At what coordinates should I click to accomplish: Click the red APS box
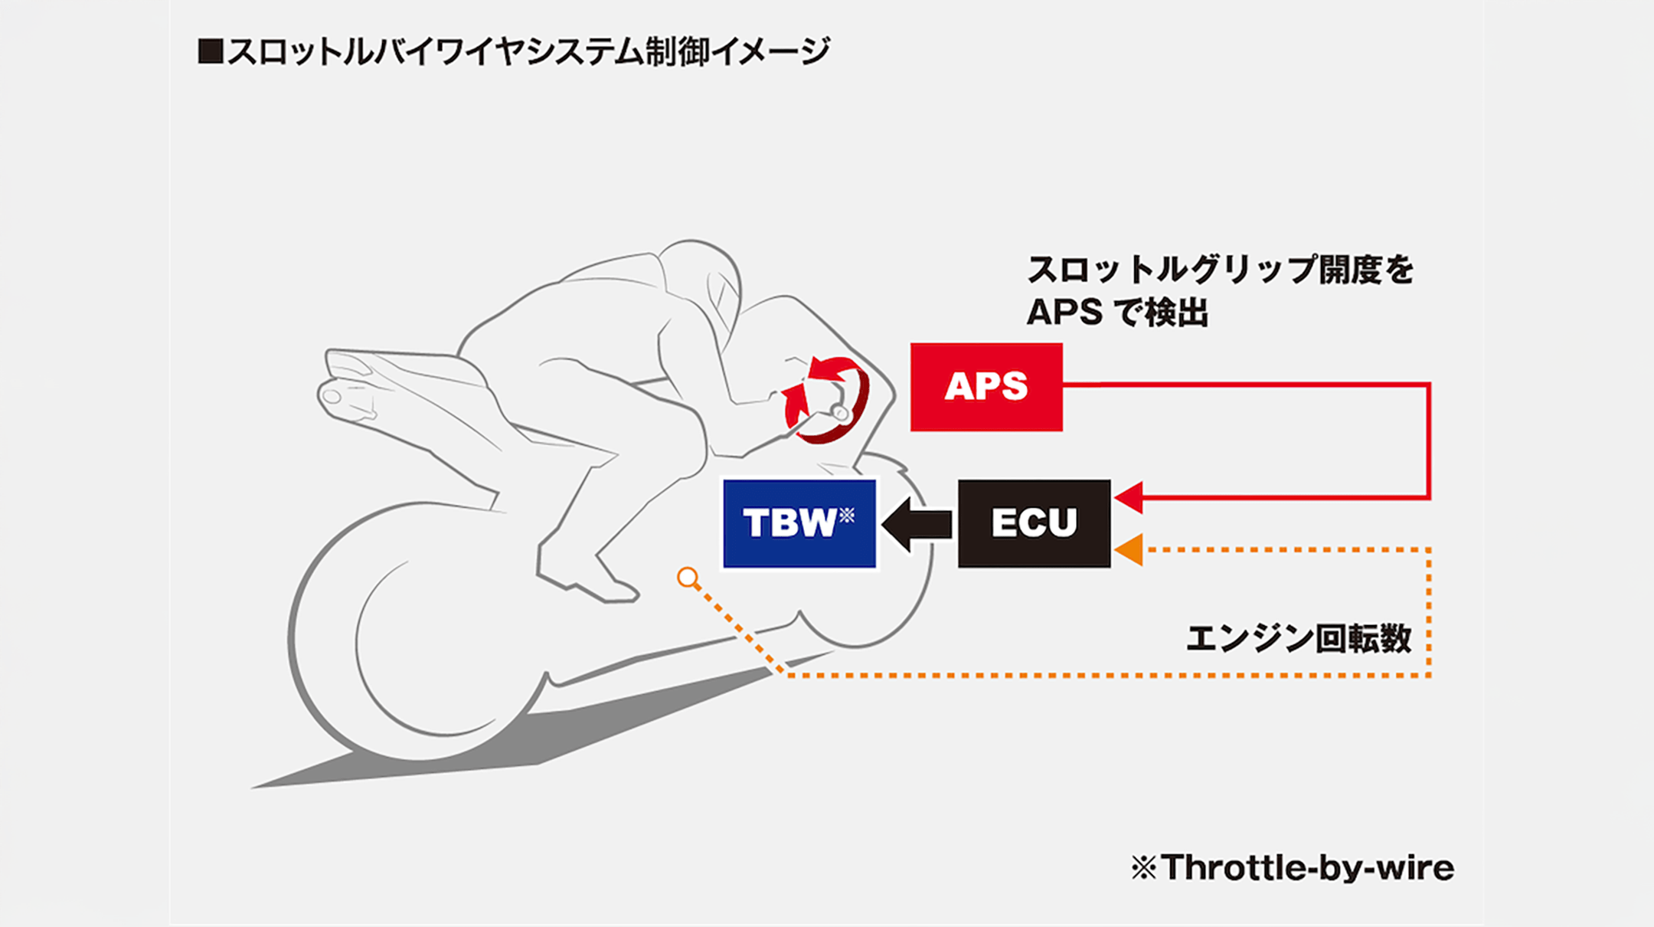pos(986,387)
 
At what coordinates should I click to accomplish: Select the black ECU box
pos(1034,523)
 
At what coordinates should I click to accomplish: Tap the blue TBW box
pos(799,523)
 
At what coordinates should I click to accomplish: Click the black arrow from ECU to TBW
pos(917,525)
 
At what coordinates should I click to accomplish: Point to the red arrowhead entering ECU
pos(1129,497)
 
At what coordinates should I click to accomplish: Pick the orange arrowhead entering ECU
pos(1129,549)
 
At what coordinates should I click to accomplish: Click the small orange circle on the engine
pos(688,578)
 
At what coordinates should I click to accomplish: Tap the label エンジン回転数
pos(1299,638)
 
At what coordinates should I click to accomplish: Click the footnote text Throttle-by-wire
pos(1306,868)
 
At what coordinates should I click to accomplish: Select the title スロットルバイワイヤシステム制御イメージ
pos(528,52)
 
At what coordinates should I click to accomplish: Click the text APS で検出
pos(1117,313)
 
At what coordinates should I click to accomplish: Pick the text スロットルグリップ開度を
pos(1220,270)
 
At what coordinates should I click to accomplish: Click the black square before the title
pos(210,51)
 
